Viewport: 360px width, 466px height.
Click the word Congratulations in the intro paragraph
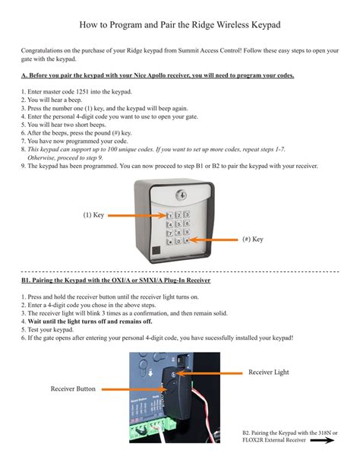click(48, 50)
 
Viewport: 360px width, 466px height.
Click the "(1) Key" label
click(93, 216)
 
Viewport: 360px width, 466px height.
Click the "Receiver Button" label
click(73, 388)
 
